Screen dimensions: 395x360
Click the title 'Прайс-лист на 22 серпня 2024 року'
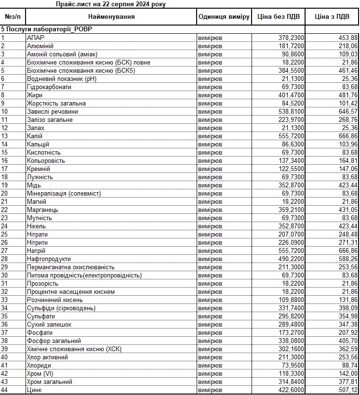(x=110, y=4)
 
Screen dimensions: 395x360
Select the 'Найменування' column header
(x=111, y=17)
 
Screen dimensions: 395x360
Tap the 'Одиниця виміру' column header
(x=224, y=17)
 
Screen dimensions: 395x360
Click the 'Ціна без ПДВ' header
(x=279, y=17)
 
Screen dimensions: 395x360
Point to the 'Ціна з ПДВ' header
(x=332, y=17)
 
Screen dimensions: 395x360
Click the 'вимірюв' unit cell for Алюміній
(x=210, y=46)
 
